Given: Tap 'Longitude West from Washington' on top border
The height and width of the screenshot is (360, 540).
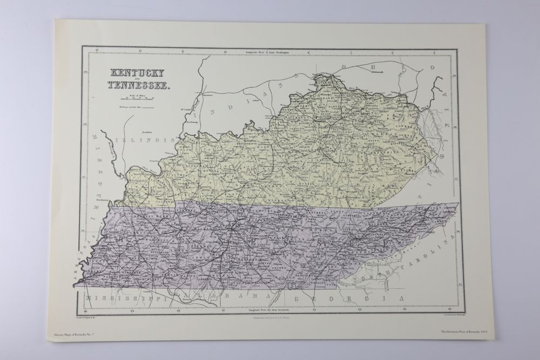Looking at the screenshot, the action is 268,52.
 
